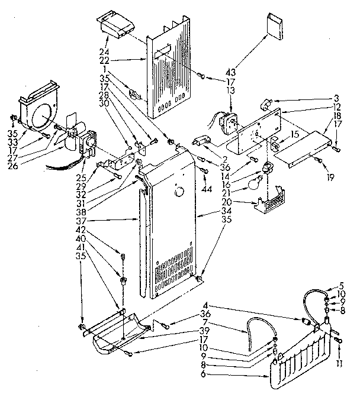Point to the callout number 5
point(341,286)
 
